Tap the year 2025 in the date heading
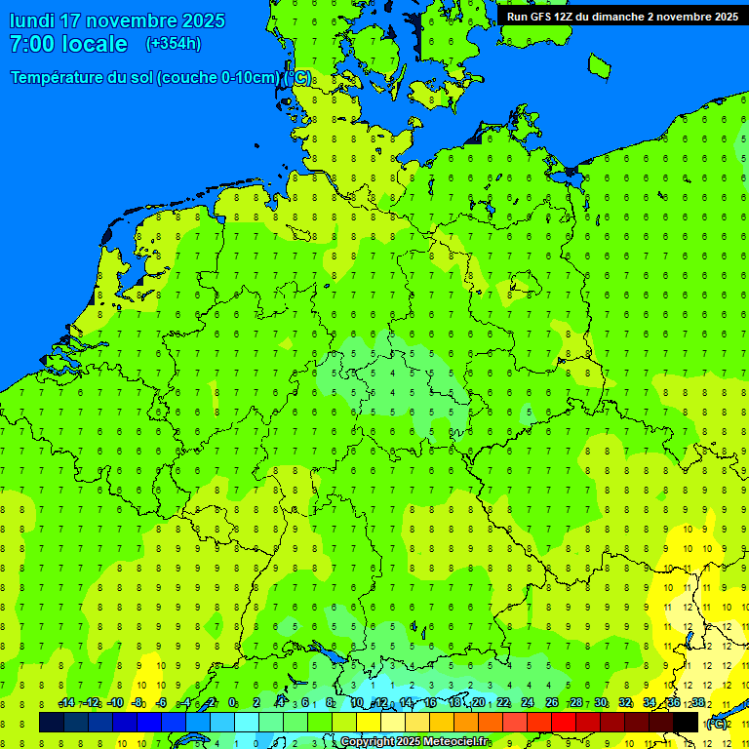[200, 20]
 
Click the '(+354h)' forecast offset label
[173, 44]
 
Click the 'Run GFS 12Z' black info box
[622, 16]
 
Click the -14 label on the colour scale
[66, 703]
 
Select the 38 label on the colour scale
[698, 703]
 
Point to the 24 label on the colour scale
[528, 703]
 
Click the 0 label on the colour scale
[232, 703]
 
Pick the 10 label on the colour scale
[357, 703]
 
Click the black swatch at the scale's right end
[686, 722]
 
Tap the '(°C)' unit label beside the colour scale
[716, 723]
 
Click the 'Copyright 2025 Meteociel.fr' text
[414, 742]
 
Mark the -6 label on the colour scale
[161, 703]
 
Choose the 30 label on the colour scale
[601, 703]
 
